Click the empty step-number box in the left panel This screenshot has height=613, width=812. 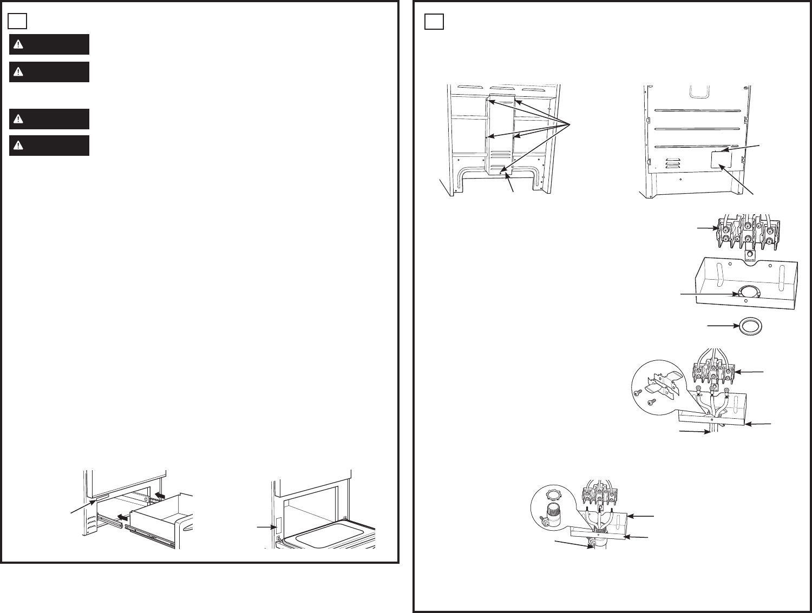18,21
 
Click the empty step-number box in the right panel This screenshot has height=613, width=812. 434,21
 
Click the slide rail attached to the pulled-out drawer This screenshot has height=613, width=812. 152,538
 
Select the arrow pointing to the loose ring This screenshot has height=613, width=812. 721,326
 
